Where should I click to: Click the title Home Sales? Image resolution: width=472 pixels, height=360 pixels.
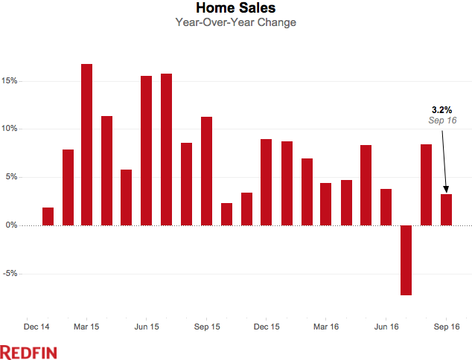point(235,8)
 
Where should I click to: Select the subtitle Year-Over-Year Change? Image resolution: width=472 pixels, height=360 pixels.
point(235,22)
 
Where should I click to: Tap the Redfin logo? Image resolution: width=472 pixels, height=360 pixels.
point(28,351)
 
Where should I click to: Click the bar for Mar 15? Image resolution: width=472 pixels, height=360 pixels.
point(87,144)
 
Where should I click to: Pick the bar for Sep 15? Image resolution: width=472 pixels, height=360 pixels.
point(207,171)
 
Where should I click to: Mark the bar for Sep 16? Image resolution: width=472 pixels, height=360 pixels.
point(446,210)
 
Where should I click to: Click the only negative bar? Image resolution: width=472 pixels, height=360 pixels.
point(406,260)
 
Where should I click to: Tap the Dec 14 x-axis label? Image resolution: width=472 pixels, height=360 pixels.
point(37,326)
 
